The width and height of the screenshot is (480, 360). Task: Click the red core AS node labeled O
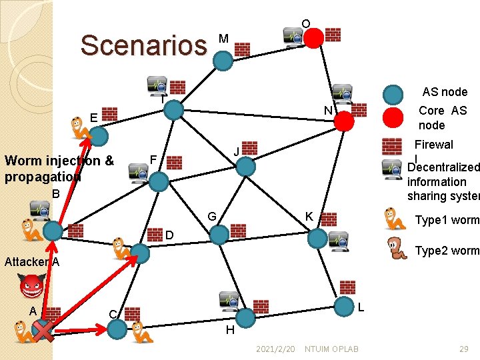(x=313, y=38)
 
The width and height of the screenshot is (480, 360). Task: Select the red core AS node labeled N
(x=344, y=121)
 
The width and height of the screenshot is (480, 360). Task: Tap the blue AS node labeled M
(x=223, y=61)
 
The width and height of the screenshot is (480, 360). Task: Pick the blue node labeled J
(x=247, y=166)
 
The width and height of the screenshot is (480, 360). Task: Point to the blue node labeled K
(x=318, y=238)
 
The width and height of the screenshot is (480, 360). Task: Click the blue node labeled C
(x=117, y=328)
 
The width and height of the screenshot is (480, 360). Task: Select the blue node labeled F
(x=159, y=181)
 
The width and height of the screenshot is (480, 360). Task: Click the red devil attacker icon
(x=31, y=287)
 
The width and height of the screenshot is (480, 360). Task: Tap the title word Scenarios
(x=144, y=45)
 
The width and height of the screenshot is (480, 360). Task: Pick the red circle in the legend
(x=393, y=117)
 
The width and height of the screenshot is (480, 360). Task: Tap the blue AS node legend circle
(x=393, y=94)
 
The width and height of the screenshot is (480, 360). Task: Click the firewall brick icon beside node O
(x=333, y=34)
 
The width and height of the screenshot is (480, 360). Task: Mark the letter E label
(x=94, y=118)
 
